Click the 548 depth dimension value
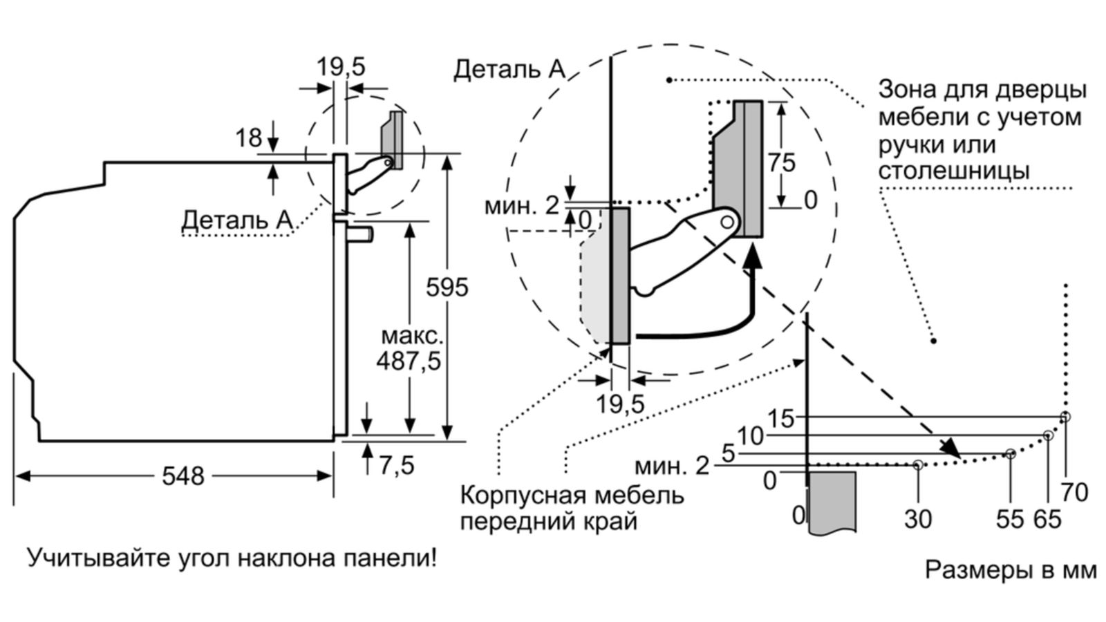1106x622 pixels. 183,476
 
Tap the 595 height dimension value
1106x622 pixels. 447,287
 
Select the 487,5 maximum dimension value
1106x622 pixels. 409,360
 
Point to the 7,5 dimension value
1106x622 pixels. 397,466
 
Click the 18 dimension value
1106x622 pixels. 249,138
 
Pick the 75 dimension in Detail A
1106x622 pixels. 782,162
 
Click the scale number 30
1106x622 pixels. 918,518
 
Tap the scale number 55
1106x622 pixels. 1010,518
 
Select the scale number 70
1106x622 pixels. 1074,492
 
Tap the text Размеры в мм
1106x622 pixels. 1011,570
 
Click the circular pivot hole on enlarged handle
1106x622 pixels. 727,222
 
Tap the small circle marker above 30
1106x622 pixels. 917,465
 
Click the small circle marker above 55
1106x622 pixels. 1011,454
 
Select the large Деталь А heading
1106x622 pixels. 509,69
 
